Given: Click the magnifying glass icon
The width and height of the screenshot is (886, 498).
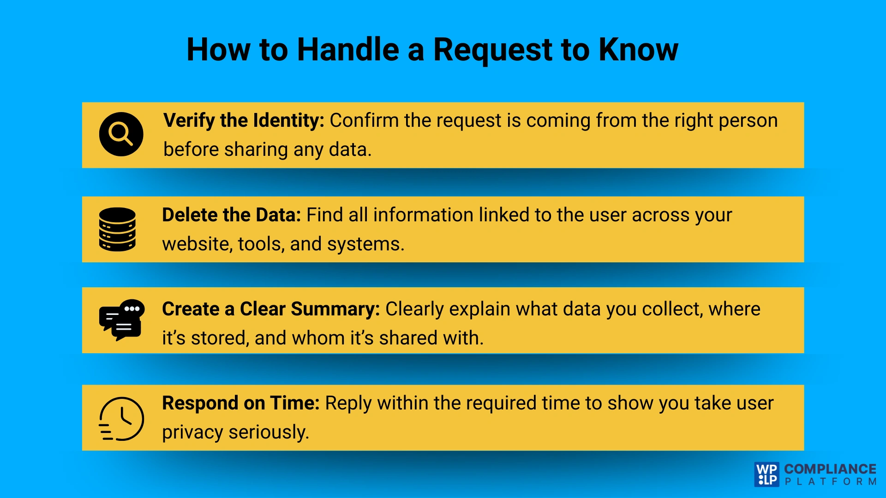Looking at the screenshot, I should click(x=121, y=134).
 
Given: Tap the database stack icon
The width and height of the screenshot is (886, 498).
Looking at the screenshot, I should click(x=117, y=229).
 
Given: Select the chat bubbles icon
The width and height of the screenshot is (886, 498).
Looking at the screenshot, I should click(x=122, y=320).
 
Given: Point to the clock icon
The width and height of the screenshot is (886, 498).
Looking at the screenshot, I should click(x=122, y=419).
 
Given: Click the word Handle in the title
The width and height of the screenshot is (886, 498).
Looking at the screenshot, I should click(x=348, y=49).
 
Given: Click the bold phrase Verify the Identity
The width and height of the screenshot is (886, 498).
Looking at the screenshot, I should click(x=244, y=120).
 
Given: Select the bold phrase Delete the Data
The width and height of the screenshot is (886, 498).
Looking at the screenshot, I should click(x=231, y=215).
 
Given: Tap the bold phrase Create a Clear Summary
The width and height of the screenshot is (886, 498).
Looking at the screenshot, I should click(x=270, y=309).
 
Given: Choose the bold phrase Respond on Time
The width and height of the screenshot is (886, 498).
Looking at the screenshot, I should click(x=240, y=403).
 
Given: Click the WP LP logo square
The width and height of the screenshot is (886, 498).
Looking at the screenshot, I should click(x=766, y=474).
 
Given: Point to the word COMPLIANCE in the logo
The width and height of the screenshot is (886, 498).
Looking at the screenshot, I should click(x=830, y=469).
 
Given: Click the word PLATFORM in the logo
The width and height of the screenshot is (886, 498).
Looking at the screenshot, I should click(x=830, y=482).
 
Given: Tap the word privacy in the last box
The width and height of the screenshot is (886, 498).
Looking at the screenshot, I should click(x=192, y=433).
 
